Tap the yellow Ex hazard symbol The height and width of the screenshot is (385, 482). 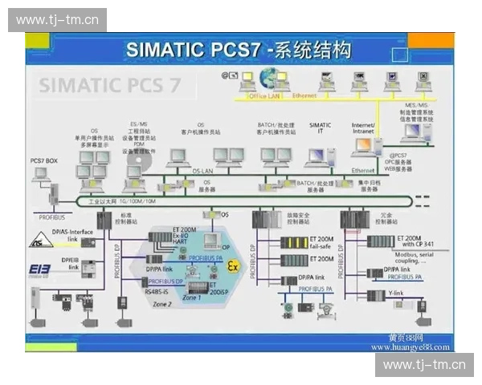pyautogui.click(x=234, y=265)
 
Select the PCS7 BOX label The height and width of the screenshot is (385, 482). pyautogui.click(x=44, y=160)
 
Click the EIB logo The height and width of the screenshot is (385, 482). pyautogui.click(x=39, y=269)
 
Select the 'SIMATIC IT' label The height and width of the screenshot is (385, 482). pyautogui.click(x=320, y=128)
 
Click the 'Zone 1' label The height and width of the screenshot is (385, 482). pyautogui.click(x=192, y=298)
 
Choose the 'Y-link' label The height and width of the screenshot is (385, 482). pyautogui.click(x=395, y=294)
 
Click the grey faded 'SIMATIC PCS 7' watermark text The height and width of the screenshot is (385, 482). pyautogui.click(x=110, y=85)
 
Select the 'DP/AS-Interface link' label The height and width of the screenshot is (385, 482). pyautogui.click(x=75, y=236)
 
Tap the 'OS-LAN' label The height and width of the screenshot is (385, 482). pyautogui.click(x=202, y=170)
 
